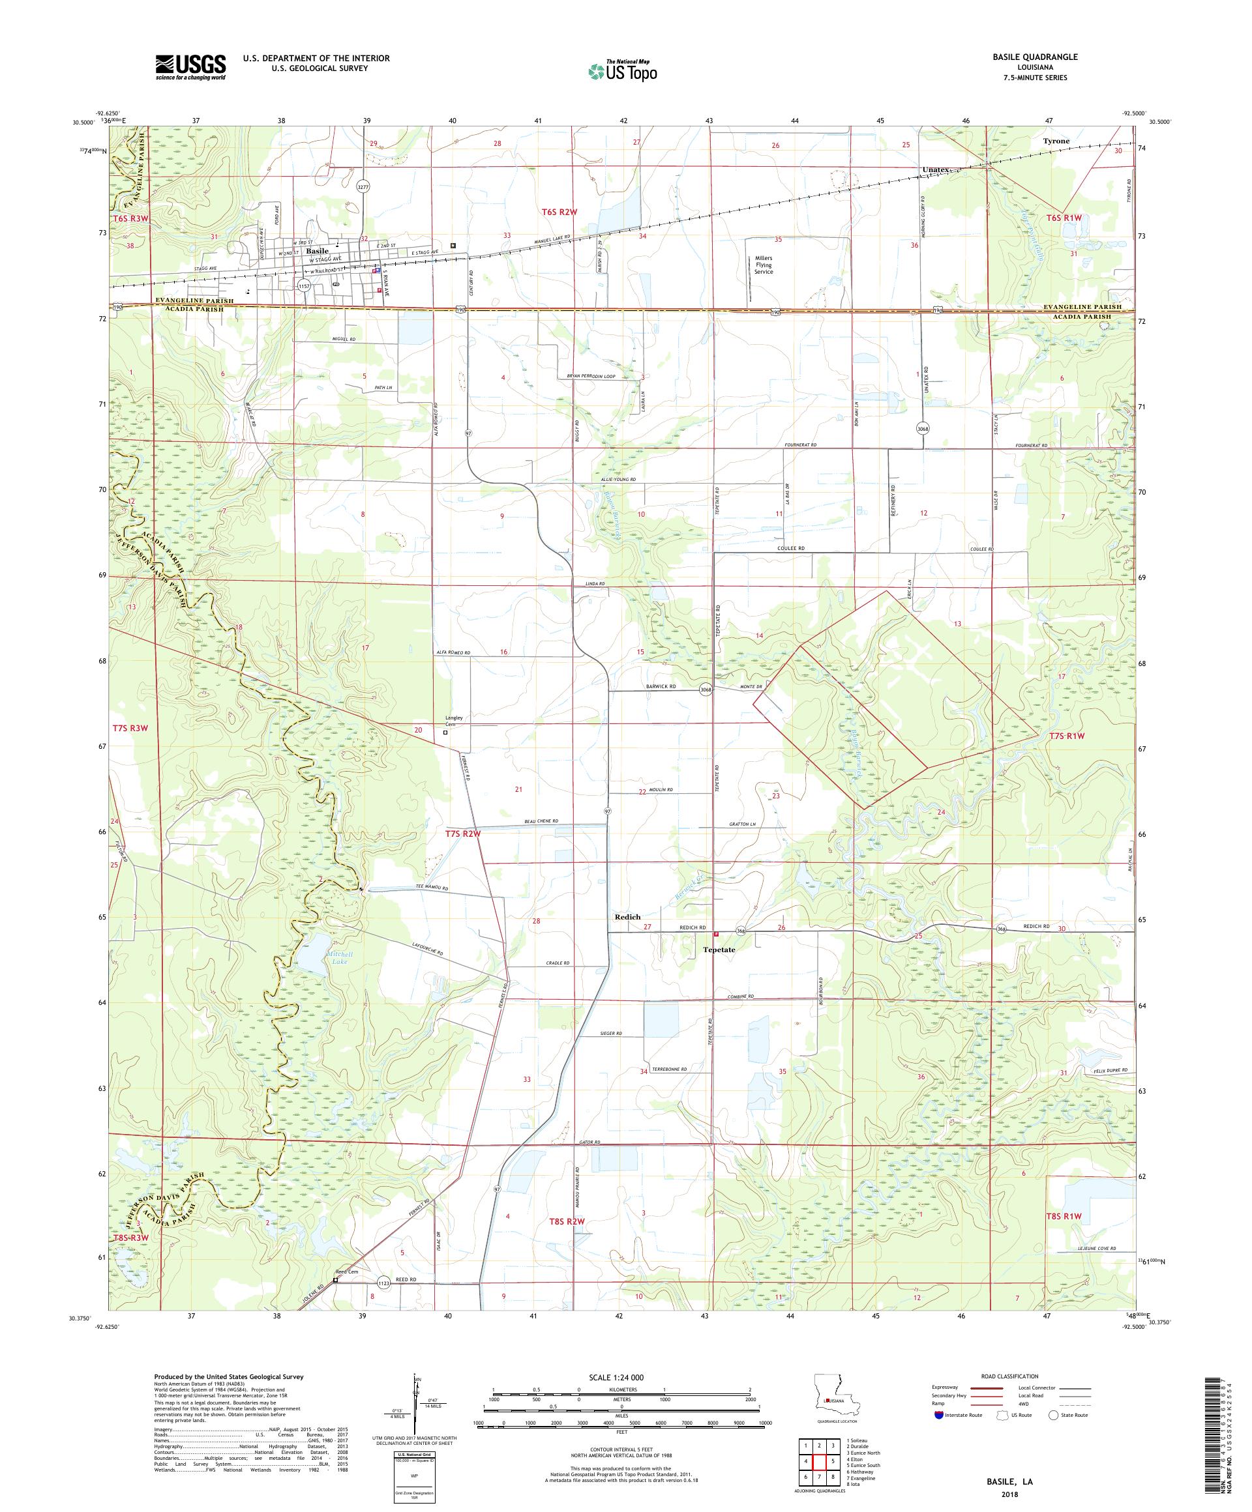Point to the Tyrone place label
1056,141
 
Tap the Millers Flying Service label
763,265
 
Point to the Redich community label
627,916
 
